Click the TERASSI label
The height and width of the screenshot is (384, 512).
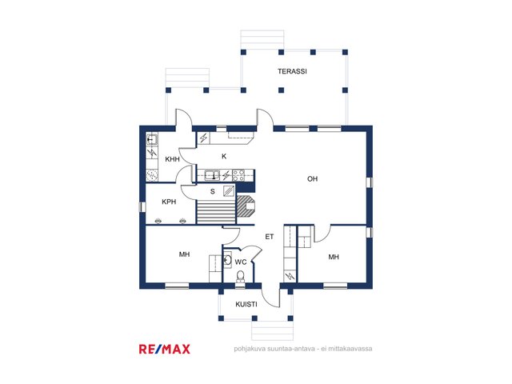[x=292, y=71]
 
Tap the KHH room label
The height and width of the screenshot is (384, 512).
[x=173, y=159]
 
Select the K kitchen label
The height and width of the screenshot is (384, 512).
[x=224, y=157]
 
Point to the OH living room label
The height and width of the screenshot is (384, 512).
[x=313, y=178]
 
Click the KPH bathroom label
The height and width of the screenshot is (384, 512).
[x=169, y=202]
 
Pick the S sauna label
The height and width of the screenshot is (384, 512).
[x=213, y=192]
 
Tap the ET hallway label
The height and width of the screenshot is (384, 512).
[x=270, y=237]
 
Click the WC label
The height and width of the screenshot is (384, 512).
[x=241, y=262]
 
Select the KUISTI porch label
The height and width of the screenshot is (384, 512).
[x=246, y=304]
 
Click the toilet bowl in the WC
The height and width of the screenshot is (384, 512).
[x=240, y=276]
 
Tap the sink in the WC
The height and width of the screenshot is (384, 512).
[x=227, y=260]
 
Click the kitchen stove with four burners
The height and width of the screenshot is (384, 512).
[x=238, y=176]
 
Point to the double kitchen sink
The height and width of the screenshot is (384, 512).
[x=213, y=176]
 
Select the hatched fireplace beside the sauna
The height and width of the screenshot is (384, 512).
[x=246, y=206]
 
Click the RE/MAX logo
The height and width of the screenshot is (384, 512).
[x=165, y=349]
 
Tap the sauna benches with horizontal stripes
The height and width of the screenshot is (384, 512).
[x=216, y=213]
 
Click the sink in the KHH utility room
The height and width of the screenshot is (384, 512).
[x=151, y=140]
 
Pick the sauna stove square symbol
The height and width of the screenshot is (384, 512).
[x=229, y=191]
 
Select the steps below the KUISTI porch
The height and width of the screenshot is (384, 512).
[x=272, y=330]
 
